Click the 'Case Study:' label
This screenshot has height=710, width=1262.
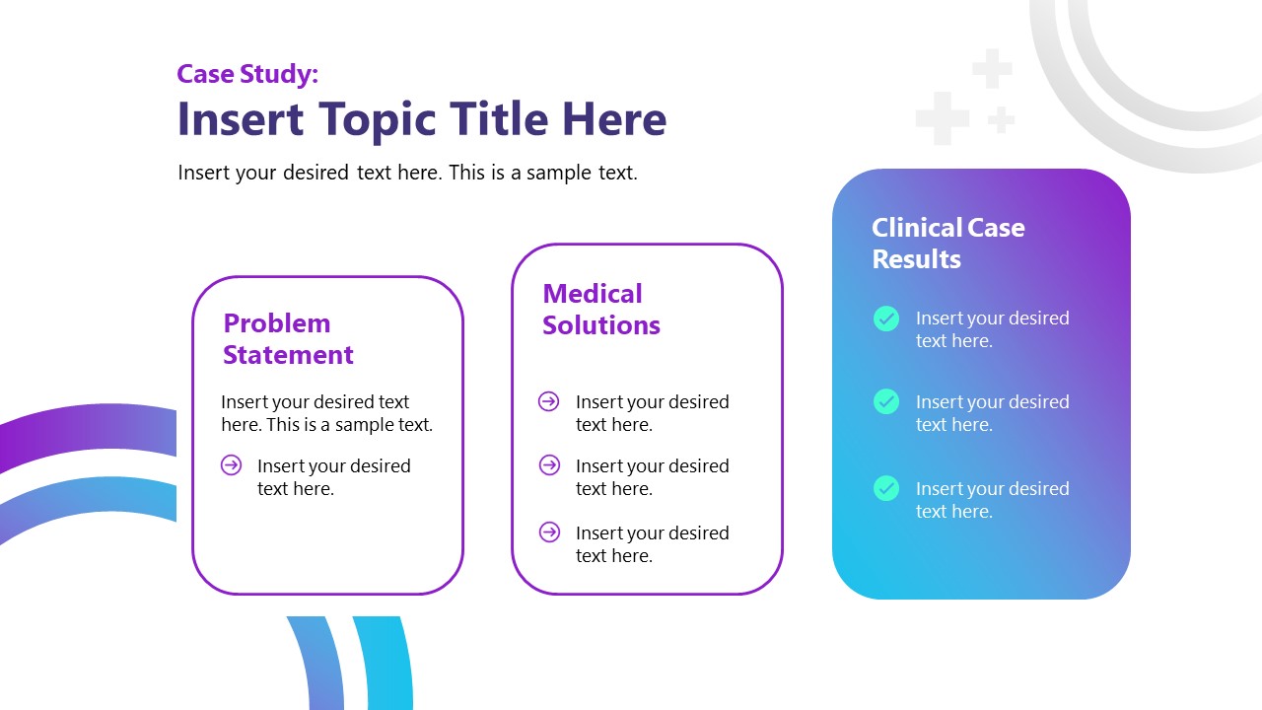[247, 74]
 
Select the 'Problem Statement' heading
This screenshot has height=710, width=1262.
[288, 339]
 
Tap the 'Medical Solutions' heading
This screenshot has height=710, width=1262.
[600, 310]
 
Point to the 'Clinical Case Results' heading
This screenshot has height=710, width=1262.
[947, 244]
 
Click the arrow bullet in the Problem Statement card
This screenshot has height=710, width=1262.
[232, 465]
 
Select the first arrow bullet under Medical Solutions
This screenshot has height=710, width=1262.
[549, 401]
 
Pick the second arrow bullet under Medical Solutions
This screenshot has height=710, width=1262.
[549, 465]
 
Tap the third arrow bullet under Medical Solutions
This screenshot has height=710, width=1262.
[549, 532]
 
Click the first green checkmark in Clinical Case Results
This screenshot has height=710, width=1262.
[886, 319]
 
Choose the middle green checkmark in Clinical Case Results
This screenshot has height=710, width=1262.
[886, 401]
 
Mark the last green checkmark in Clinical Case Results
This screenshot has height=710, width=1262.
[886, 488]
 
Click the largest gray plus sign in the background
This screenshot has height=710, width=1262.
[942, 119]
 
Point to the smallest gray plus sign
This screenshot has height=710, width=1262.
[1002, 120]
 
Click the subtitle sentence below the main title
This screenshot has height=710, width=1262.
[407, 173]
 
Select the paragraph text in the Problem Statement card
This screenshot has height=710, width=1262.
[326, 413]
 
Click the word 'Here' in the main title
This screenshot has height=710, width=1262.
[614, 119]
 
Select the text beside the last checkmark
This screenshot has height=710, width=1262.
[992, 500]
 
